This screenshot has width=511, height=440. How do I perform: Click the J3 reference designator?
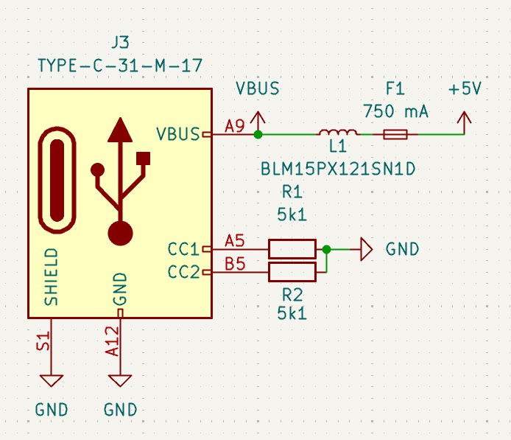pyautogui.click(x=119, y=43)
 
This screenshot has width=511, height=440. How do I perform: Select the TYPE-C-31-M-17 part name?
pyautogui.click(x=120, y=66)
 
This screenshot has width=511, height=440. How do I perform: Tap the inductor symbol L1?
pyautogui.click(x=338, y=133)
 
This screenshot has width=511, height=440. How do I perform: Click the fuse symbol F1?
pyautogui.click(x=395, y=134)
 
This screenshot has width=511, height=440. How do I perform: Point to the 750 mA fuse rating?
pyautogui.click(x=395, y=111)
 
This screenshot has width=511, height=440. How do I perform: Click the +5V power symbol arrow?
pyautogui.click(x=464, y=118)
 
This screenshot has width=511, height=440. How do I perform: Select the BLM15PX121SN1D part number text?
pyautogui.click(x=338, y=170)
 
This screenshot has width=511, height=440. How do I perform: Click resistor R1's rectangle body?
pyautogui.click(x=292, y=249)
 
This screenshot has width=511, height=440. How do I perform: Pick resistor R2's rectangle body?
pyautogui.click(x=292, y=272)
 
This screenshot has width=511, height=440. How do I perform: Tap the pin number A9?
pyautogui.click(x=235, y=125)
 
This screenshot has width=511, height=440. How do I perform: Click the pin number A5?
pyautogui.click(x=235, y=240)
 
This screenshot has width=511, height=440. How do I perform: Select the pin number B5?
pyautogui.click(x=235, y=263)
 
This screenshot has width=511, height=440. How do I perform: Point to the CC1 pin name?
pyautogui.click(x=183, y=249)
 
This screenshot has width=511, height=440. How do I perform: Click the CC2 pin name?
pyautogui.click(x=183, y=272)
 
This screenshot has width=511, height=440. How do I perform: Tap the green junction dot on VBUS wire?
pyautogui.click(x=258, y=134)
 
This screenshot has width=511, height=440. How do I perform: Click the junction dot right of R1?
pyautogui.click(x=327, y=249)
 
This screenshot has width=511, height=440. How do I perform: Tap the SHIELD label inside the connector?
pyautogui.click(x=51, y=277)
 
